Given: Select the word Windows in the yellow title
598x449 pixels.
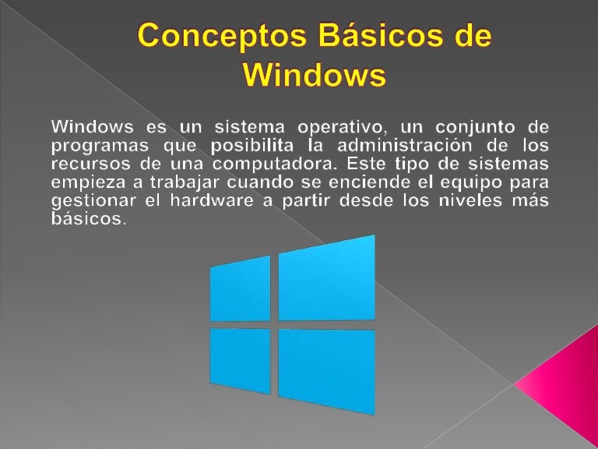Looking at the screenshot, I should click(314, 76).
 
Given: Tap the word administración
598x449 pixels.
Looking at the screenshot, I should click(407, 146).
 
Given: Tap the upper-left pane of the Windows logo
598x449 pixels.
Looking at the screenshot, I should click(240, 289).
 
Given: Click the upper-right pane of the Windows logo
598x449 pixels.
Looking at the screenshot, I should click(326, 278).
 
